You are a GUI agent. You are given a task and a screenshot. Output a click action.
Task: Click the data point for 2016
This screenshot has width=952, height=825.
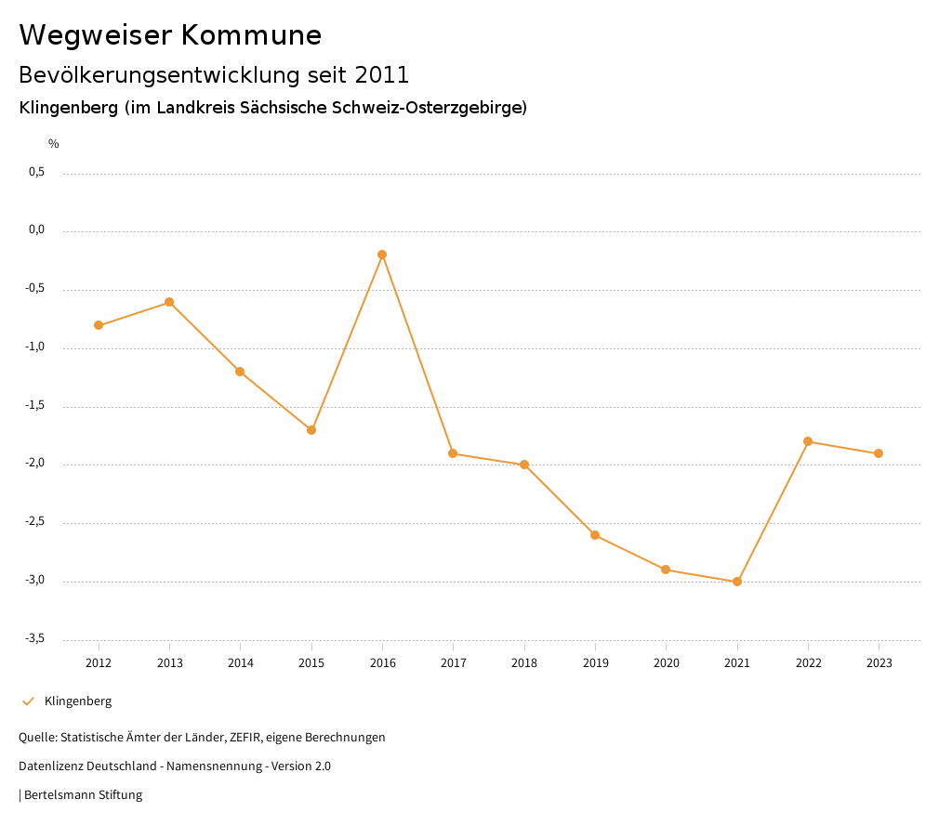(x=382, y=255)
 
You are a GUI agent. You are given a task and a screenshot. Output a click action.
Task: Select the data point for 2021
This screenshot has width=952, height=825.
(x=737, y=582)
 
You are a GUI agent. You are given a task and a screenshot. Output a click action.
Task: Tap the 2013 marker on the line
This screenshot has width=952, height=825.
(x=169, y=302)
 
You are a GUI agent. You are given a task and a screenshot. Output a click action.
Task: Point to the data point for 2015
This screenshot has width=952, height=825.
(x=311, y=430)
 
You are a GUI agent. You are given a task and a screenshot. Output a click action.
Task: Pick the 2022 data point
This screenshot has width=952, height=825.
(x=808, y=441)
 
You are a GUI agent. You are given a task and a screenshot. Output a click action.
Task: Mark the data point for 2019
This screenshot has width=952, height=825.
(x=595, y=535)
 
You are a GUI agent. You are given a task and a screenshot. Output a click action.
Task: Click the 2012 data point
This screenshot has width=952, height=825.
(x=99, y=325)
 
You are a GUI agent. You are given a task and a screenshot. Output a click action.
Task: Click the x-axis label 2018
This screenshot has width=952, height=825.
(x=524, y=663)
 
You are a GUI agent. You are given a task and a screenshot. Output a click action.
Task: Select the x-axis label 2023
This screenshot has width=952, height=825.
(x=879, y=663)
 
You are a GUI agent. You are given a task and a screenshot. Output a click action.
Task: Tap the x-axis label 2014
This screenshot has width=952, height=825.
(x=240, y=663)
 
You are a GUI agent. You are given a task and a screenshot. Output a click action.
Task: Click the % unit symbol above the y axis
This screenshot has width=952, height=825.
(x=54, y=144)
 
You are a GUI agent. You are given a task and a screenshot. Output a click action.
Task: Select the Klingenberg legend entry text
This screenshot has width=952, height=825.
(x=78, y=701)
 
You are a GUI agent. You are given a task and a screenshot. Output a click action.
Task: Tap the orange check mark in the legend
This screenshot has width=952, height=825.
(x=28, y=701)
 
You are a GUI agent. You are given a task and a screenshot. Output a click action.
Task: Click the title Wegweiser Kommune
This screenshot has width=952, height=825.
(x=170, y=35)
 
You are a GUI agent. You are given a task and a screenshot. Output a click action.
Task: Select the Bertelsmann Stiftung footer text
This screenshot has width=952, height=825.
(x=83, y=795)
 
